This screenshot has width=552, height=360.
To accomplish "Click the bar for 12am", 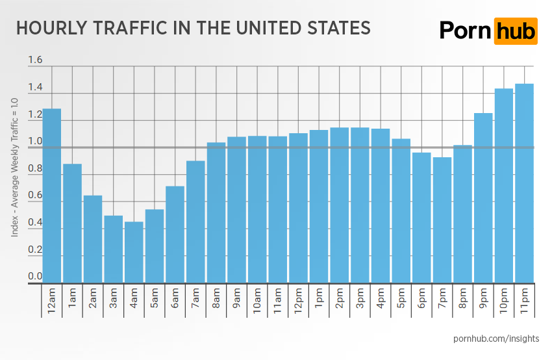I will [x=52, y=196].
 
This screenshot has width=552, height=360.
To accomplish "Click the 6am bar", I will [x=175, y=235].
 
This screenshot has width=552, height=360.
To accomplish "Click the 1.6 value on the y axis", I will [x=35, y=60].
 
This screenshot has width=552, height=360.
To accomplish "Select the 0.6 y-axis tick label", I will [x=35, y=196].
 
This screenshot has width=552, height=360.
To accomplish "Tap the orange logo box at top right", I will [x=516, y=31].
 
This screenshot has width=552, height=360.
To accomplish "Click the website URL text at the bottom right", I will [x=496, y=339].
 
